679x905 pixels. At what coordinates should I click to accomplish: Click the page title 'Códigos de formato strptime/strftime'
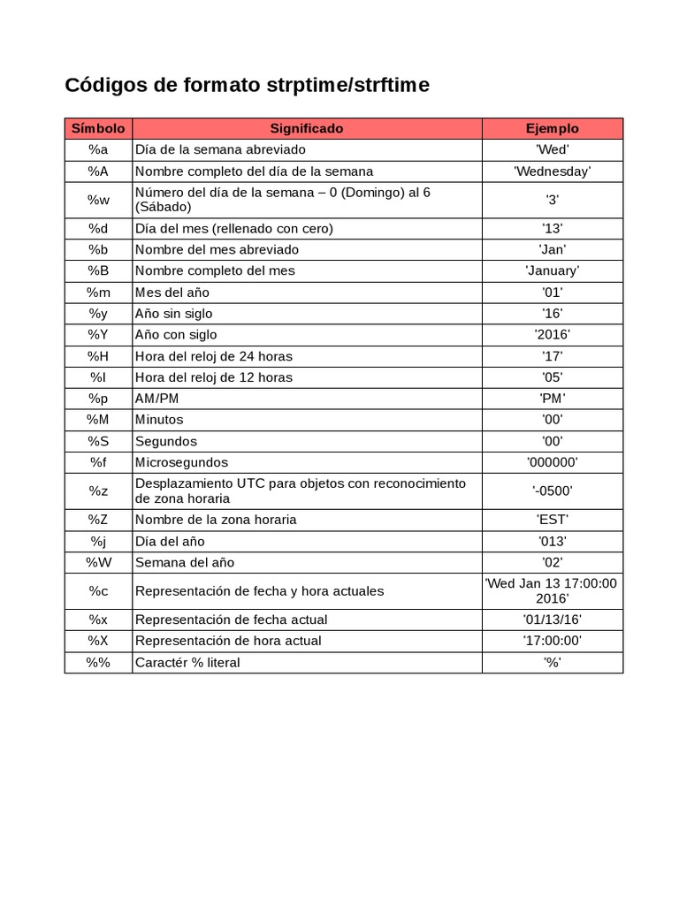tap(248, 86)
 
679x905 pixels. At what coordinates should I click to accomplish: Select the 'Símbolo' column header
tap(98, 128)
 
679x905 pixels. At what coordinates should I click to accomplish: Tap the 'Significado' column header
tap(307, 128)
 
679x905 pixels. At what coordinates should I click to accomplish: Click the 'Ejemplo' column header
tap(552, 128)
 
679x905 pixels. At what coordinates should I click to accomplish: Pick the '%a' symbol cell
tap(98, 149)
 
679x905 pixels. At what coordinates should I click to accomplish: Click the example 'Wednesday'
tap(552, 171)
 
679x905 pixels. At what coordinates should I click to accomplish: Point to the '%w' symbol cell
tap(98, 200)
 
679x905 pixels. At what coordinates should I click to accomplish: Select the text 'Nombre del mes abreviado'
tap(217, 249)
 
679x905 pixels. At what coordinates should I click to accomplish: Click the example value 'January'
tap(552, 270)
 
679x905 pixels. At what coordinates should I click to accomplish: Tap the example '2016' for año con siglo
tap(552, 334)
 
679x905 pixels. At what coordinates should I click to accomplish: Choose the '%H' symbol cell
tap(98, 355)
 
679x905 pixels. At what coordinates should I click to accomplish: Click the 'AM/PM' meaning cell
tap(156, 398)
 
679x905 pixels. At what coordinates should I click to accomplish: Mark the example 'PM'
tap(552, 398)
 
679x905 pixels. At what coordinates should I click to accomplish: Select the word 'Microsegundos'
tap(181, 462)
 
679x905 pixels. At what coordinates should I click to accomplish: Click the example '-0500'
tap(552, 491)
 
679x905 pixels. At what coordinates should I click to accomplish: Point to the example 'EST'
tap(552, 519)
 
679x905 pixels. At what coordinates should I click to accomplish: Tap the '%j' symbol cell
tap(98, 541)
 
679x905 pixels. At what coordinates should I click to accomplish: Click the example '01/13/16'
tap(552, 619)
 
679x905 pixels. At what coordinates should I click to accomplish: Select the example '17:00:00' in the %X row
tap(552, 640)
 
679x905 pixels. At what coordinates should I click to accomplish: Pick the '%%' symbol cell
tap(98, 662)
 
